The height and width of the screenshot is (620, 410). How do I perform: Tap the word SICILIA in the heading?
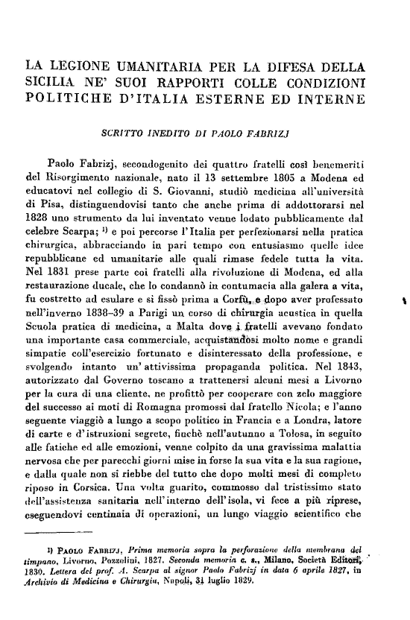[x=53, y=82]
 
